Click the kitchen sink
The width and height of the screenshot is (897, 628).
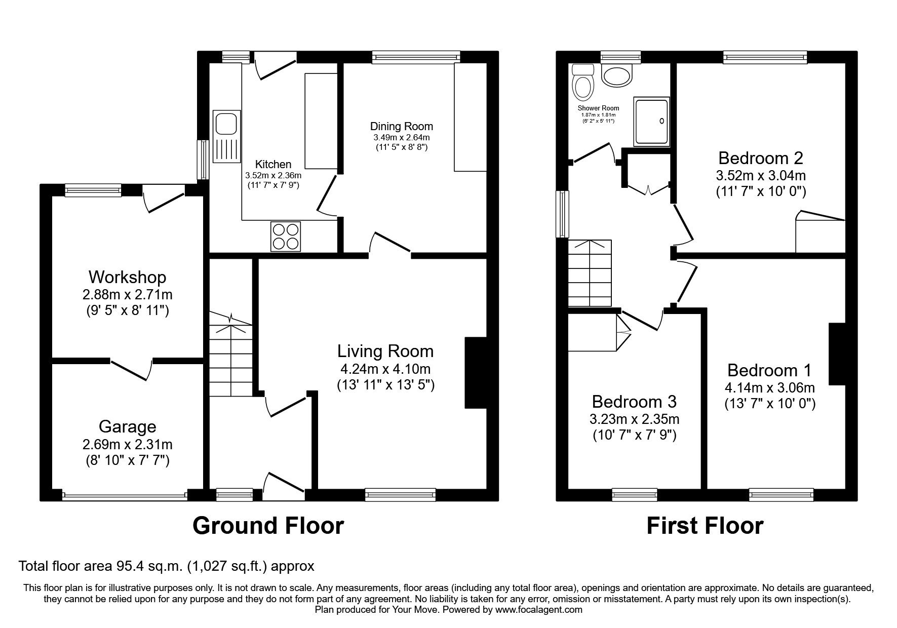(x=226, y=137)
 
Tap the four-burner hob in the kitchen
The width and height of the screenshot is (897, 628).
(x=286, y=236)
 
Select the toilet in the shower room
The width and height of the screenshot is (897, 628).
(x=582, y=82)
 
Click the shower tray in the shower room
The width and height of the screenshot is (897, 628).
(x=651, y=121)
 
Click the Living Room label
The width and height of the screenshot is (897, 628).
(x=385, y=351)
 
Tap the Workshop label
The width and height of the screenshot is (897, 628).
(x=127, y=277)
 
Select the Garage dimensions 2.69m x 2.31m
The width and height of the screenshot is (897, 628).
(x=127, y=445)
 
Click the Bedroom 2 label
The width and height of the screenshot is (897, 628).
(x=761, y=159)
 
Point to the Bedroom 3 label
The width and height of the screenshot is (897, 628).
(x=634, y=402)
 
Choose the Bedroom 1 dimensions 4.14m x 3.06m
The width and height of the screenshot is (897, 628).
(x=769, y=388)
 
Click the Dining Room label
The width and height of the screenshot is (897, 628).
(x=402, y=126)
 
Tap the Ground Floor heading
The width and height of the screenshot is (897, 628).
(x=268, y=526)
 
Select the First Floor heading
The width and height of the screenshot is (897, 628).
(x=705, y=526)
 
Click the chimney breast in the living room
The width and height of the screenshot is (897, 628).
(x=476, y=372)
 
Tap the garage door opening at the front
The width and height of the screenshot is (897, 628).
(x=125, y=493)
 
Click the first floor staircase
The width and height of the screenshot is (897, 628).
(x=590, y=273)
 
